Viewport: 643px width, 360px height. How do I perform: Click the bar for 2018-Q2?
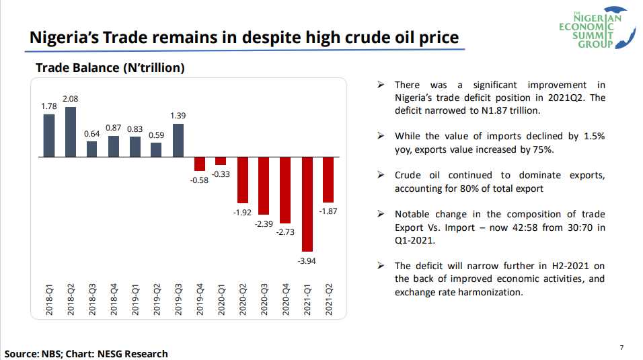[71, 132]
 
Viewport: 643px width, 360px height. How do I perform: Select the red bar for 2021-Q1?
[307, 204]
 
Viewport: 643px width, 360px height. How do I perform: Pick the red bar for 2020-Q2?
[243, 180]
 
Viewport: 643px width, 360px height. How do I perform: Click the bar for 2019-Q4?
[200, 164]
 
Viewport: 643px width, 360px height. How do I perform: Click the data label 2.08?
[70, 99]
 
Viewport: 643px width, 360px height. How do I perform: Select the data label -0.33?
[221, 174]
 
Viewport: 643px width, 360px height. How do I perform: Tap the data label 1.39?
[178, 116]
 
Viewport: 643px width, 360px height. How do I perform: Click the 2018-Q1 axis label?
[49, 299]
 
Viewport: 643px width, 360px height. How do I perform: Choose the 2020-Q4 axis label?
[286, 299]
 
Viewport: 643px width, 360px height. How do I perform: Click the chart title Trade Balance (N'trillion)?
[110, 68]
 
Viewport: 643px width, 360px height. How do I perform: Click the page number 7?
[621, 347]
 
